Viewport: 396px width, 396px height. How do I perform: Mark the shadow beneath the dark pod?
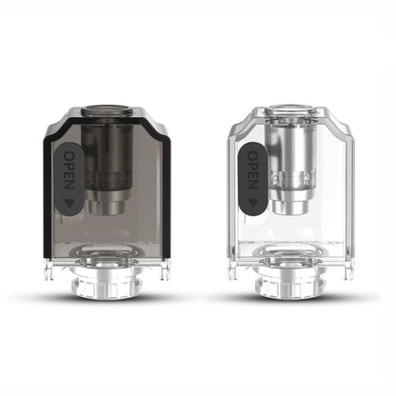109,297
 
